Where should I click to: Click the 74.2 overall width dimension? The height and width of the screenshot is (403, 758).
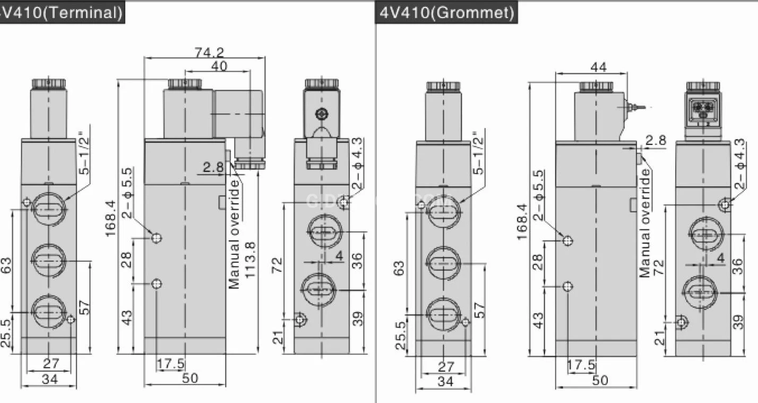[209, 52]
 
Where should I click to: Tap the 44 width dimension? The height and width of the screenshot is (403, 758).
[598, 67]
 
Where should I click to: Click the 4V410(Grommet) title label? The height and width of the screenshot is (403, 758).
[447, 12]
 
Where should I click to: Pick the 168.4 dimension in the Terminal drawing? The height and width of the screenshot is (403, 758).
[110, 218]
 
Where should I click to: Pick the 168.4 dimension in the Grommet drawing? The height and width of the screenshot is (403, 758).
[522, 221]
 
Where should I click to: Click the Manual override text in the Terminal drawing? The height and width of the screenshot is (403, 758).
[235, 234]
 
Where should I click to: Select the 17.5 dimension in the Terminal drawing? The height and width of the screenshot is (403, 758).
[171, 364]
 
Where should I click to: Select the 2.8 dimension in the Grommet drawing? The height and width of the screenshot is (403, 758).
[655, 140]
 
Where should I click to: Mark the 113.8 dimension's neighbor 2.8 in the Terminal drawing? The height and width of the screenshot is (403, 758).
[214, 168]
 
